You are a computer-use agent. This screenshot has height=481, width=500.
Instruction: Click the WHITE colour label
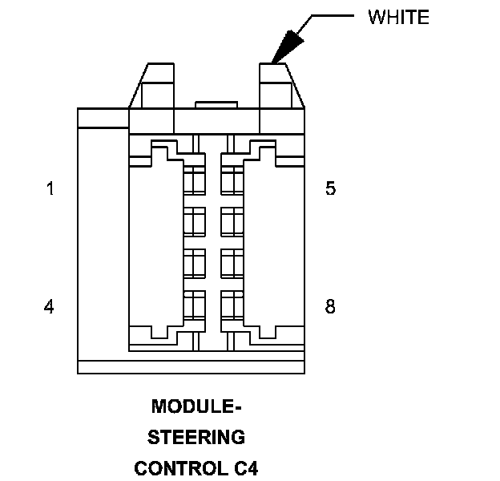(x=398, y=18)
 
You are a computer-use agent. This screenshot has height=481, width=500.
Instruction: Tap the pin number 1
(x=50, y=190)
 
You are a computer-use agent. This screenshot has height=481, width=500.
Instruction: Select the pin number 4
(x=50, y=306)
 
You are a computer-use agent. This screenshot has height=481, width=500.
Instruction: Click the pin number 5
(x=331, y=190)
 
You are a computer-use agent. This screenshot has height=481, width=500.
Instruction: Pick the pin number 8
(x=331, y=306)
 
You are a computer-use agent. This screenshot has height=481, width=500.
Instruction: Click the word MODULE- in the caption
(x=197, y=406)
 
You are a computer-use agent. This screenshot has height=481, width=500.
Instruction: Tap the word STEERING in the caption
(x=197, y=437)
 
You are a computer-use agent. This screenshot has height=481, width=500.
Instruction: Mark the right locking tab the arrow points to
(x=280, y=87)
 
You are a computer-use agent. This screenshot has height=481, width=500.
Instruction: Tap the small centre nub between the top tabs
(x=216, y=105)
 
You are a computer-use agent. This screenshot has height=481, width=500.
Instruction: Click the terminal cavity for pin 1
(x=195, y=180)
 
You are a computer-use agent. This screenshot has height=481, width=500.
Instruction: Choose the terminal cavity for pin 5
(x=232, y=180)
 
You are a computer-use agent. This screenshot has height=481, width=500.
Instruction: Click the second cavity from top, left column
(x=195, y=219)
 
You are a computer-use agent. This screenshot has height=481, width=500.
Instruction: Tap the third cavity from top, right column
(x=232, y=262)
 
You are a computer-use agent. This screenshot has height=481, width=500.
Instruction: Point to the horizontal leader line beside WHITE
(x=331, y=15)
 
